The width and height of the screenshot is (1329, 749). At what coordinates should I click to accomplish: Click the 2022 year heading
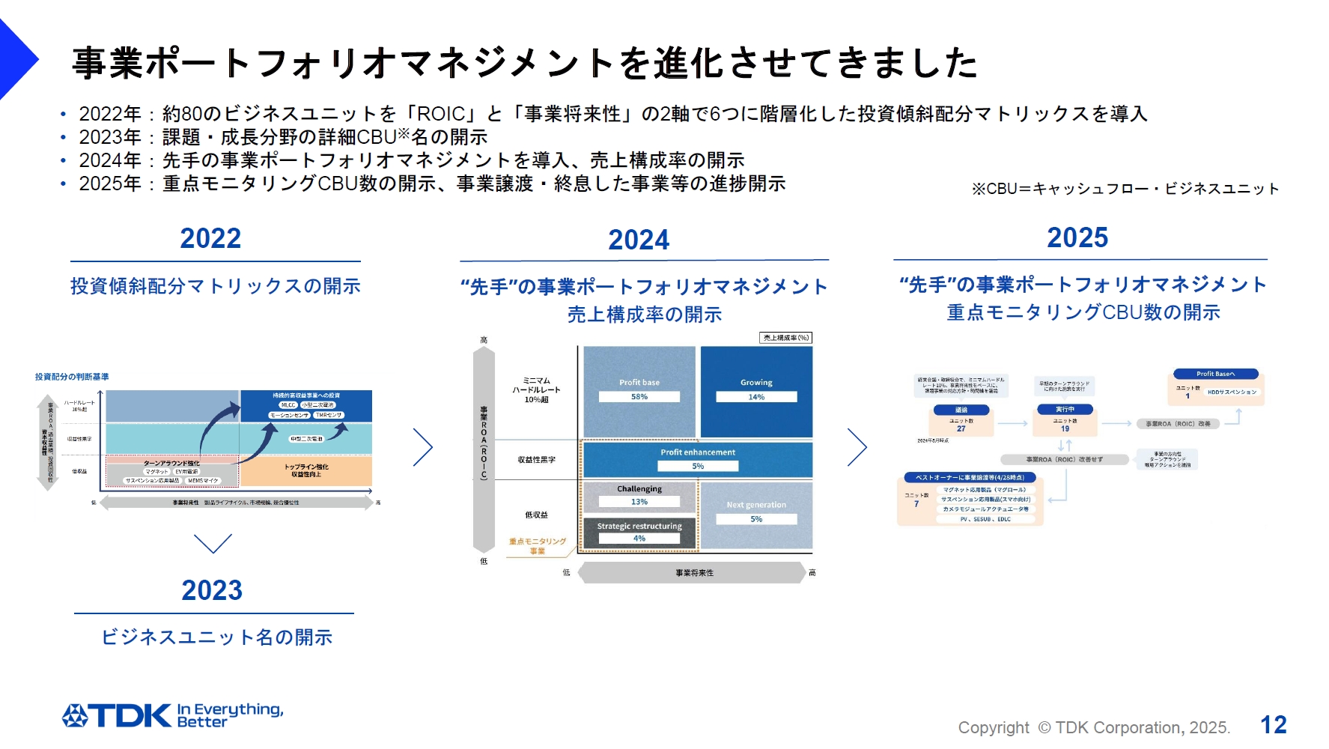coord(210,238)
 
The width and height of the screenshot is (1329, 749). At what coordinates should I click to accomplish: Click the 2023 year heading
coord(212,590)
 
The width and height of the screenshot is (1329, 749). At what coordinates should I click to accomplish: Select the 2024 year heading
coord(638,240)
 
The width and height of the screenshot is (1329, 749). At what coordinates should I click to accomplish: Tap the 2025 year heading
coord(1077,237)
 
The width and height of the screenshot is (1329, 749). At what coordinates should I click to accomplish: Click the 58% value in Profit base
coord(639,397)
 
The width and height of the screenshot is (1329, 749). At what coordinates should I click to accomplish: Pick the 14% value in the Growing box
coord(756,397)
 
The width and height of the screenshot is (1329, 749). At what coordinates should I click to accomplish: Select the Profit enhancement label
coord(697,452)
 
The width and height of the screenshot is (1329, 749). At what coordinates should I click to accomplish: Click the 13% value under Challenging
coord(639,502)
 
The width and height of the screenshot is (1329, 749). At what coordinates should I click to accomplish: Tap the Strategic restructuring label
coord(639,527)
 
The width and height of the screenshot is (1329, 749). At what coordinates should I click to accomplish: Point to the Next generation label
coord(756,505)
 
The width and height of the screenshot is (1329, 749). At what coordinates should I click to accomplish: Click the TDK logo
coord(117,715)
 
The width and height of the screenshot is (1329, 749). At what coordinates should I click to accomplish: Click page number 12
coord(1273,724)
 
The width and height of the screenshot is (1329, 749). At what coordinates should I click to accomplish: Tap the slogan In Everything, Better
coord(229,715)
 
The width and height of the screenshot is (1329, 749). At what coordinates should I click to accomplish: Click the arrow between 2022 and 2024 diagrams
coord(423,447)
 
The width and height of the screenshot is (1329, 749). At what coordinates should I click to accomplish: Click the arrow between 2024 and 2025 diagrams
coord(857,447)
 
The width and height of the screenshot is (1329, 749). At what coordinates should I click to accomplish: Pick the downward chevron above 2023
coord(213,543)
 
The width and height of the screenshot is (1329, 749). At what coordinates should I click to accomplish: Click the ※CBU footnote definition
coord(1125,189)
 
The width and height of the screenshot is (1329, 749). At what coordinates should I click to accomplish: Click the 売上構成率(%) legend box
coord(785,338)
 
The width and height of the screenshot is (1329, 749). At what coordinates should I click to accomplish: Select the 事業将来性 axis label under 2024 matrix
coord(694,573)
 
